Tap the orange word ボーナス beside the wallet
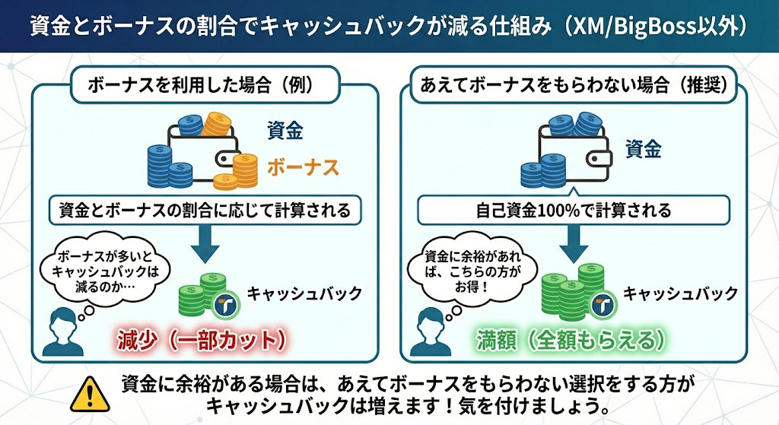coord(303,167)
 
